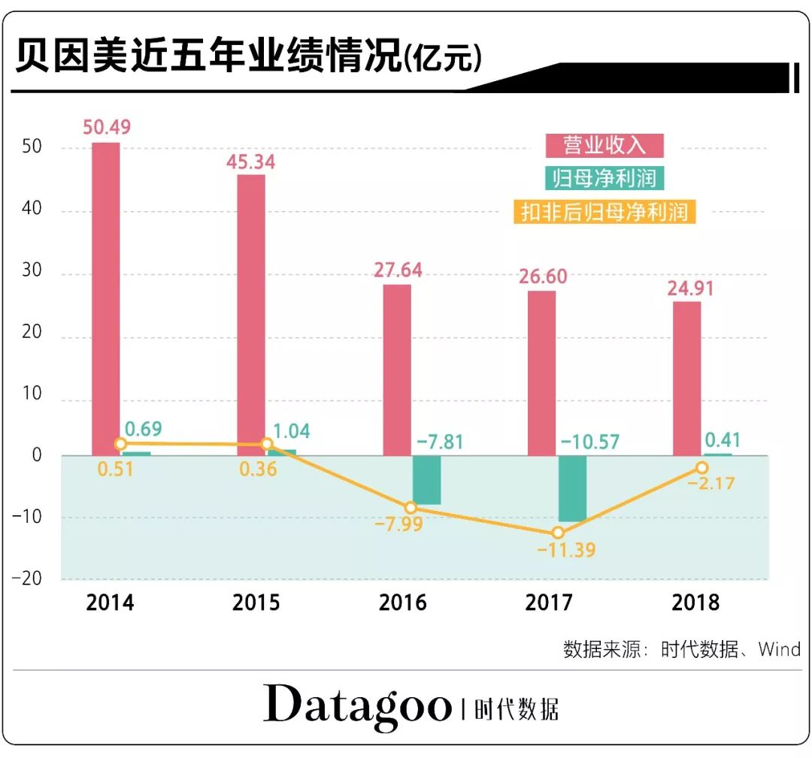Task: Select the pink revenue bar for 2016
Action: click(397, 369)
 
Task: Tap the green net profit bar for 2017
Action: click(572, 488)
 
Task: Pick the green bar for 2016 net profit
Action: click(426, 479)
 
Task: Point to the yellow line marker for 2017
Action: click(557, 533)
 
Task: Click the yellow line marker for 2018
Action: click(702, 468)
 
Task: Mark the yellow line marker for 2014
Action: click(121, 444)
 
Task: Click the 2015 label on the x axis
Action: click(256, 602)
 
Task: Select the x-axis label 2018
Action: click(695, 602)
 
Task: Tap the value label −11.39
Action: click(565, 550)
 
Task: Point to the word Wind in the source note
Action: click(779, 648)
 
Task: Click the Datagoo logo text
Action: click(357, 705)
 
